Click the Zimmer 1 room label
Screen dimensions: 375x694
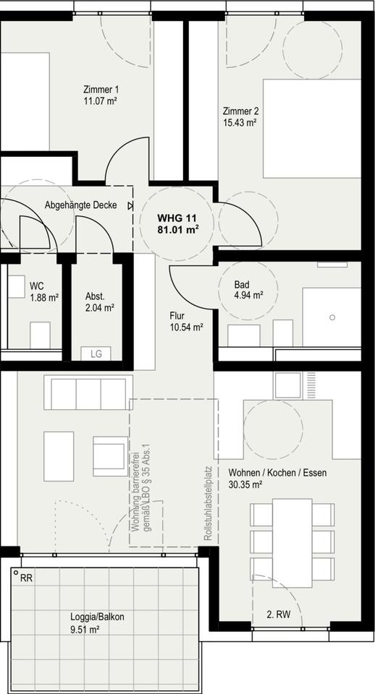tap(101, 89)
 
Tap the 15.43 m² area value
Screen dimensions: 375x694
tap(240, 122)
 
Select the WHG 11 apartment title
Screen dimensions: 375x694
tap(177, 218)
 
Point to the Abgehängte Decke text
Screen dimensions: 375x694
tap(81, 205)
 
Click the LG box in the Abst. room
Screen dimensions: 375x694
tap(96, 354)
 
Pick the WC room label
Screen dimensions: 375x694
tap(37, 286)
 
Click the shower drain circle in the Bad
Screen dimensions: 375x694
tap(332, 317)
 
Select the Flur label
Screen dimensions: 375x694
tap(177, 316)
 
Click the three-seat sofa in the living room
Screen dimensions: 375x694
tap(88, 393)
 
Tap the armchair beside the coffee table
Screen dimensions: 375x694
tap(110, 456)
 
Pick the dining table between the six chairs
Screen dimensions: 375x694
tap(292, 543)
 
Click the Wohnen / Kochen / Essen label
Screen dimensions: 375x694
tap(277, 473)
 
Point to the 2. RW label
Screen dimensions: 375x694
tap(279, 614)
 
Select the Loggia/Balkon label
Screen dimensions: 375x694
tap(97, 617)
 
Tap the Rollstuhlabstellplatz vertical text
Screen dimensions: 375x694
tap(208, 503)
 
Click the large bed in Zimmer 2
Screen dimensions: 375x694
tap(312, 129)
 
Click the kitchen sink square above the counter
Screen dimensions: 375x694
tap(287, 385)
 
